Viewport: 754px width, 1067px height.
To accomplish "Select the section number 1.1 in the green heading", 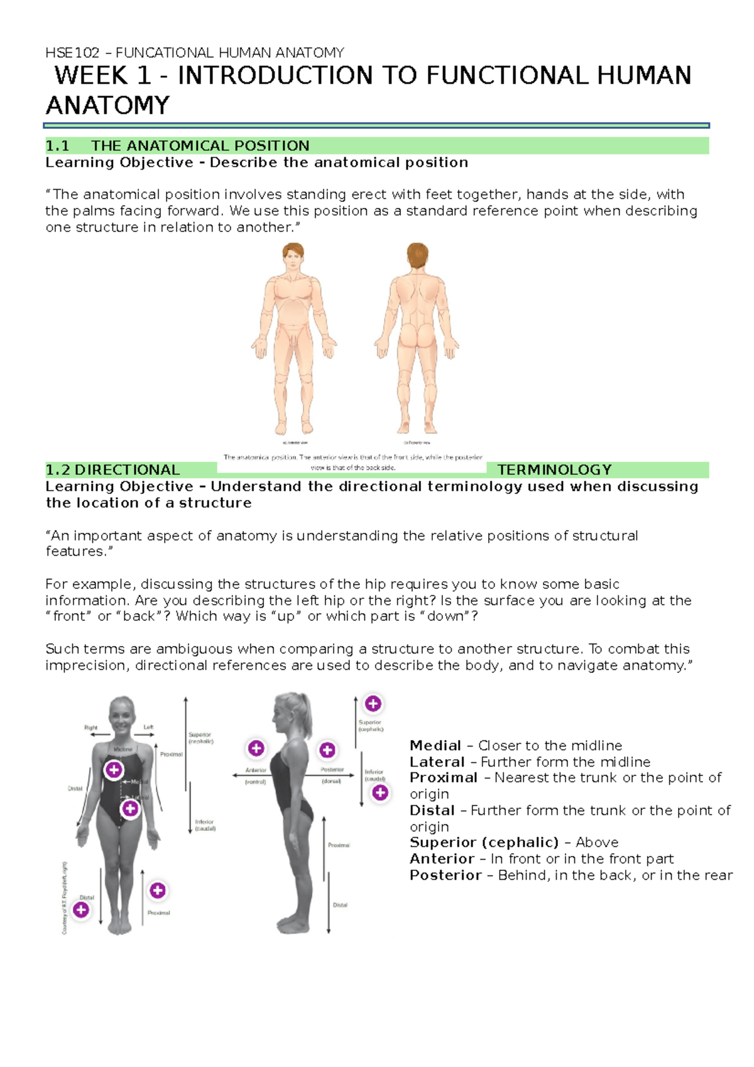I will coord(57,146).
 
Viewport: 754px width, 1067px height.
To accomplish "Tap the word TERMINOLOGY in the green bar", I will coord(554,470).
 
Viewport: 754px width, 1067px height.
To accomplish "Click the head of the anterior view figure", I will coord(293,257).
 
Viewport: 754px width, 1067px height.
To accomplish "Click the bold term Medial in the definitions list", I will coord(435,746).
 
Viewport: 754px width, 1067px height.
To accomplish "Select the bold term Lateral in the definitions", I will coord(437,762).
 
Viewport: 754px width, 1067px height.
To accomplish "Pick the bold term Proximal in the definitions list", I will coord(444,778).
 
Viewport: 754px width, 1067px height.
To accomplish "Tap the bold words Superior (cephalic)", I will coord(484,843).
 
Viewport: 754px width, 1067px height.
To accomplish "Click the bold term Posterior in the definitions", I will coord(445,875).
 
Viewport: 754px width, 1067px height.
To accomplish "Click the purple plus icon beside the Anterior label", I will coord(256,748).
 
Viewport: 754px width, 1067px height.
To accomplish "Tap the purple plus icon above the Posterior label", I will coord(327,750).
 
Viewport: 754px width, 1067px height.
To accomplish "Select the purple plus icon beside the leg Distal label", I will coord(81,909).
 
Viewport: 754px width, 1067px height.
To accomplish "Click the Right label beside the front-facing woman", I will coord(91,728).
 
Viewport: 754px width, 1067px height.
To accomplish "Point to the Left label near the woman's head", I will coord(148,727).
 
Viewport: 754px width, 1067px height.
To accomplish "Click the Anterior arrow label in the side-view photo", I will coord(256,770).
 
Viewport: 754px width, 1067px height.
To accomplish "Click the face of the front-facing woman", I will coord(122,714).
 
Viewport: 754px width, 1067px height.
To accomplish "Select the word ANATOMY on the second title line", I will coord(108,106).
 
